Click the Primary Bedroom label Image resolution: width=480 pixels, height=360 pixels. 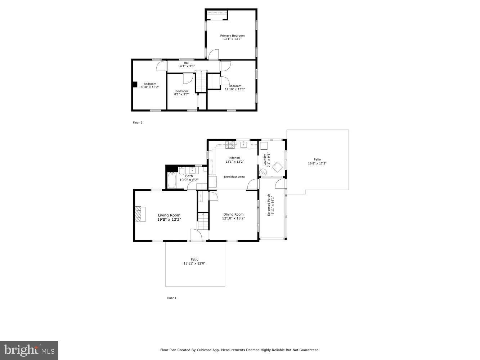tap(232, 36)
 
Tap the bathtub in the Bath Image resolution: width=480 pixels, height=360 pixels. tap(172, 180)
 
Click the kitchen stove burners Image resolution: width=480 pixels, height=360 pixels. tap(230, 145)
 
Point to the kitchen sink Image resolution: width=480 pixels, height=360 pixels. tap(244, 145)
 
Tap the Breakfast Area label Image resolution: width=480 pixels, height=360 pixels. tap(234, 177)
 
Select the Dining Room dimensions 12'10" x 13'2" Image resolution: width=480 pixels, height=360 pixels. tap(233, 218)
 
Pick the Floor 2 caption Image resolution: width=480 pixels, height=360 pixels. tap(138, 123)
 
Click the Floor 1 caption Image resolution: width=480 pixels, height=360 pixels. tap(171, 298)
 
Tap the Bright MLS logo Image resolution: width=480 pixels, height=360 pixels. tap(29, 350)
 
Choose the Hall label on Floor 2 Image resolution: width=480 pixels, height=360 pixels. tap(186, 63)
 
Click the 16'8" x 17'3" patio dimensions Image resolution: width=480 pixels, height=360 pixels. tap(317, 163)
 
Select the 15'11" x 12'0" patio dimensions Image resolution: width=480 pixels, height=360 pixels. tap(194, 264)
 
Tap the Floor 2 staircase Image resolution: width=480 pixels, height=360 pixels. tap(201, 81)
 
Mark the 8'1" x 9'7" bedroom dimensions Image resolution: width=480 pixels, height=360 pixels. tap(181, 94)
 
